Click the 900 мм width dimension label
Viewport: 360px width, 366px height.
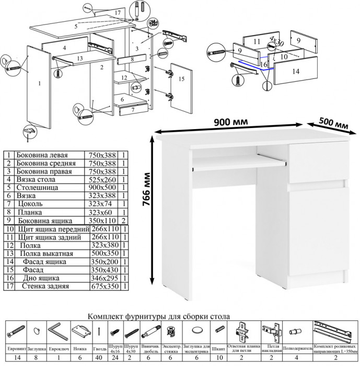click(x=231, y=122)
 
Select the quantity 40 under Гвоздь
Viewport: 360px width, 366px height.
click(x=99, y=358)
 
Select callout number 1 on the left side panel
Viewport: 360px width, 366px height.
click(x=39, y=83)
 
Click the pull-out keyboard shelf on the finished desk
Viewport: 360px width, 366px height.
click(x=239, y=162)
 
